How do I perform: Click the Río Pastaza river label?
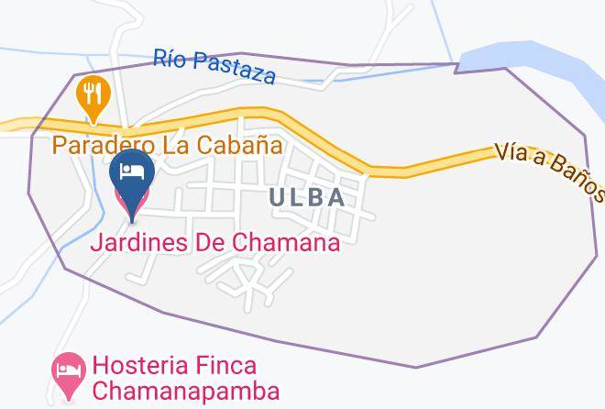click(214, 66)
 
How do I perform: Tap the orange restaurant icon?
click(93, 95)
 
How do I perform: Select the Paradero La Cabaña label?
click(166, 145)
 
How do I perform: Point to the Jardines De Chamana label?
click(215, 243)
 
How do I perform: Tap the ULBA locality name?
click(307, 197)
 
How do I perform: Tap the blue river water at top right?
click(532, 59)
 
